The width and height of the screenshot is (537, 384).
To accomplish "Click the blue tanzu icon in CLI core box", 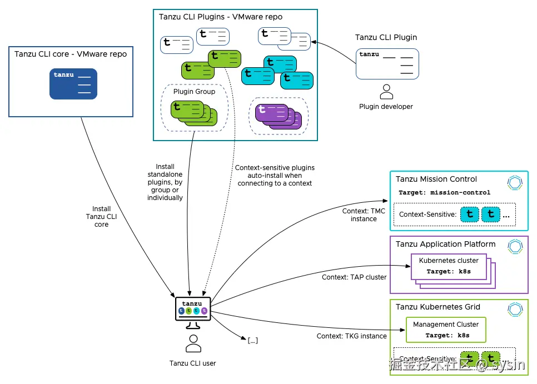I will pyautogui.click(x=73, y=83).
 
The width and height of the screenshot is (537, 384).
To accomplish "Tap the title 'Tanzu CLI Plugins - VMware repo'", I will pyautogui.click(x=220, y=17).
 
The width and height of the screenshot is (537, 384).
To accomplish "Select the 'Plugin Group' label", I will pyautogui.click(x=194, y=92).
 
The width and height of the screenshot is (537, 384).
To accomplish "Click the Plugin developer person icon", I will pyautogui.click(x=386, y=92).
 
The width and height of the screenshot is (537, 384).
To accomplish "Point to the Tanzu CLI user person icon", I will pyautogui.click(x=193, y=344).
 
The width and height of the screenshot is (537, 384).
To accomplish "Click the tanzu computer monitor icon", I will pyautogui.click(x=193, y=309).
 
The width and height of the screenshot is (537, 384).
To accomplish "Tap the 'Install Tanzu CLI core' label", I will pyautogui.click(x=101, y=216).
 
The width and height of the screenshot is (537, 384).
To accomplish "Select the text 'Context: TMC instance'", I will pyautogui.click(x=364, y=215).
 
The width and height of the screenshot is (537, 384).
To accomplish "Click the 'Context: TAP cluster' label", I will pyautogui.click(x=354, y=277).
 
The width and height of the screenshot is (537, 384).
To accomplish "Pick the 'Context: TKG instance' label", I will pyautogui.click(x=351, y=336).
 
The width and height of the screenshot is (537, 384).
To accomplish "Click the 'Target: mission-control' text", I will pyautogui.click(x=444, y=192).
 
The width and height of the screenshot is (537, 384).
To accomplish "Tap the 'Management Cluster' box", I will pyautogui.click(x=446, y=330).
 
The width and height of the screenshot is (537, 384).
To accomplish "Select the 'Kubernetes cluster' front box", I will pyautogui.click(x=449, y=266).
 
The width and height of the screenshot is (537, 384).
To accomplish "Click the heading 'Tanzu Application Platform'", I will pyautogui.click(x=445, y=244).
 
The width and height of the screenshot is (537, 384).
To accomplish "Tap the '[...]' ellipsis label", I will pyautogui.click(x=252, y=340).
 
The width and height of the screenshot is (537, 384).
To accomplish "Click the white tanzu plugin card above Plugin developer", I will pyautogui.click(x=387, y=63).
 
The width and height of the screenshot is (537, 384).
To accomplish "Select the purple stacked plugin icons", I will pyautogui.click(x=277, y=116).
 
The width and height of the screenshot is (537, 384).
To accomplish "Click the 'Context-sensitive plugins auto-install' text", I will pyautogui.click(x=275, y=175).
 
